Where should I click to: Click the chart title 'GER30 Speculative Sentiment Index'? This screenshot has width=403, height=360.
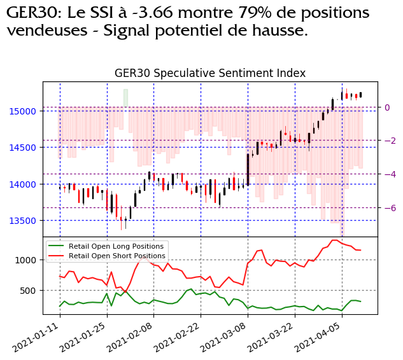210,73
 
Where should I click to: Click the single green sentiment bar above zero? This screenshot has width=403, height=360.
125,98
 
